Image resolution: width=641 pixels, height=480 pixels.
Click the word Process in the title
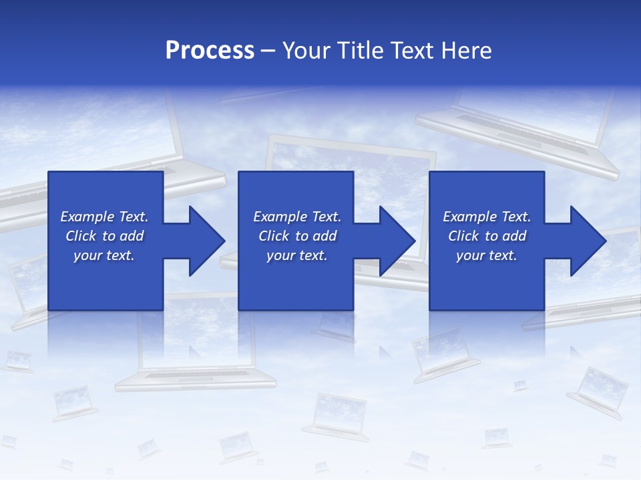coord(210,51)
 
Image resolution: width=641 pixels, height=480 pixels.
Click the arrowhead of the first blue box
coord(207,241)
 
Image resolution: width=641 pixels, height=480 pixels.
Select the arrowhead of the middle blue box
coord(397,241)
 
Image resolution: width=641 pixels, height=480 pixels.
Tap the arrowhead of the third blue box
coord(588,241)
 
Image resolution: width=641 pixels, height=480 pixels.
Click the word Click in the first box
coord(81,236)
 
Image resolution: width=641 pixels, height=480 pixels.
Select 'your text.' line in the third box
coord(486,255)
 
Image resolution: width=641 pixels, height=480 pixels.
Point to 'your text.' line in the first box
coord(103,255)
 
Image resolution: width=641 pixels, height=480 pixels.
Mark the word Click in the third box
coord(463,236)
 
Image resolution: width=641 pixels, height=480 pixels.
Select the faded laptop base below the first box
coord(195,381)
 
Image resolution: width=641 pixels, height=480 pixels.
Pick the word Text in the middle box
coord(327,217)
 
